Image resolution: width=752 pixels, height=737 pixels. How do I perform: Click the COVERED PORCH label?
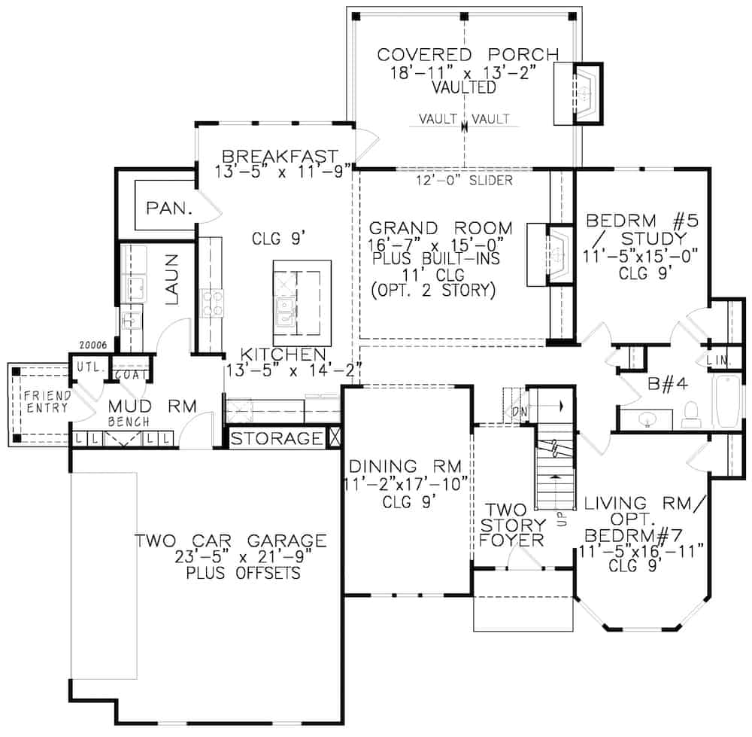point(468,55)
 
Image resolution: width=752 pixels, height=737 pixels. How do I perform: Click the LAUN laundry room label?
point(171,279)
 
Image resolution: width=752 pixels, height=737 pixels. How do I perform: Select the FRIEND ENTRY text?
point(45,402)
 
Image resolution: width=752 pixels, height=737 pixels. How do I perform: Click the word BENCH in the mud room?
point(129,422)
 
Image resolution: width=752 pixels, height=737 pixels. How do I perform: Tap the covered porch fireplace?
point(584,93)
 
